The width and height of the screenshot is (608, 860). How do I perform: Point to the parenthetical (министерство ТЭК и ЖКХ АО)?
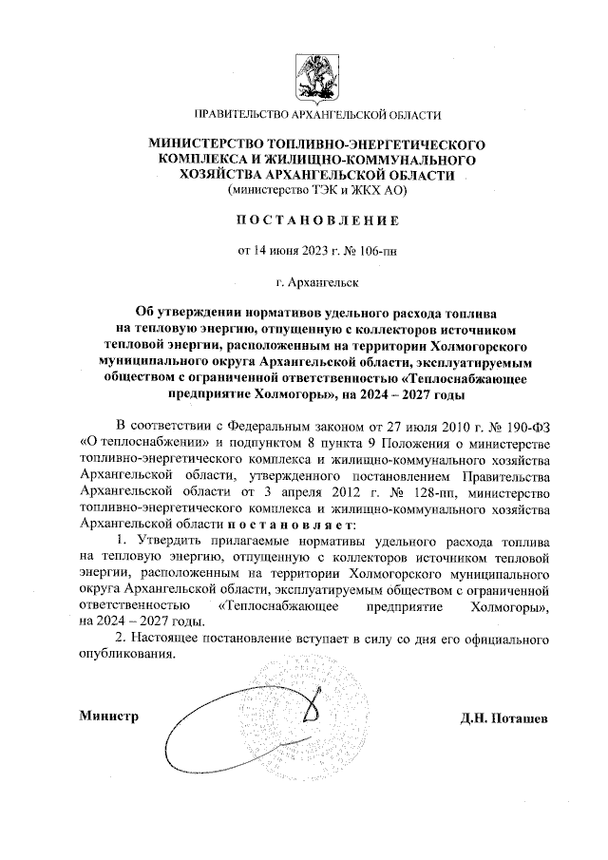(317, 189)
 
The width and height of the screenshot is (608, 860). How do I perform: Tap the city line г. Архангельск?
(317, 281)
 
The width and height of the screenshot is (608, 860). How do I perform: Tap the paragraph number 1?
(121, 540)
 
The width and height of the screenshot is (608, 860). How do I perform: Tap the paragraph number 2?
(121, 636)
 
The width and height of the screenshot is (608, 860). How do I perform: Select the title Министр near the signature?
(108, 716)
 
